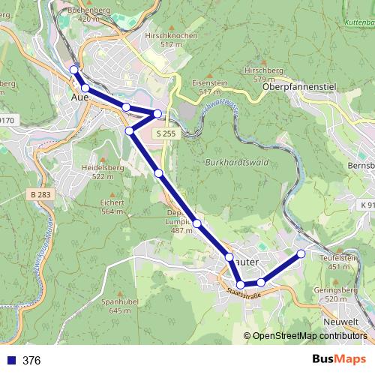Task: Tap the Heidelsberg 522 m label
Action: pos(107,172)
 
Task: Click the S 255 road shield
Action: pos(167,133)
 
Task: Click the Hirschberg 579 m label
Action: pos(268,74)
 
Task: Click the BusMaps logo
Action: pos(338,359)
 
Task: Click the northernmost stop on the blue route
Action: pos(73,70)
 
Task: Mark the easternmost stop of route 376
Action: pos(301,253)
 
